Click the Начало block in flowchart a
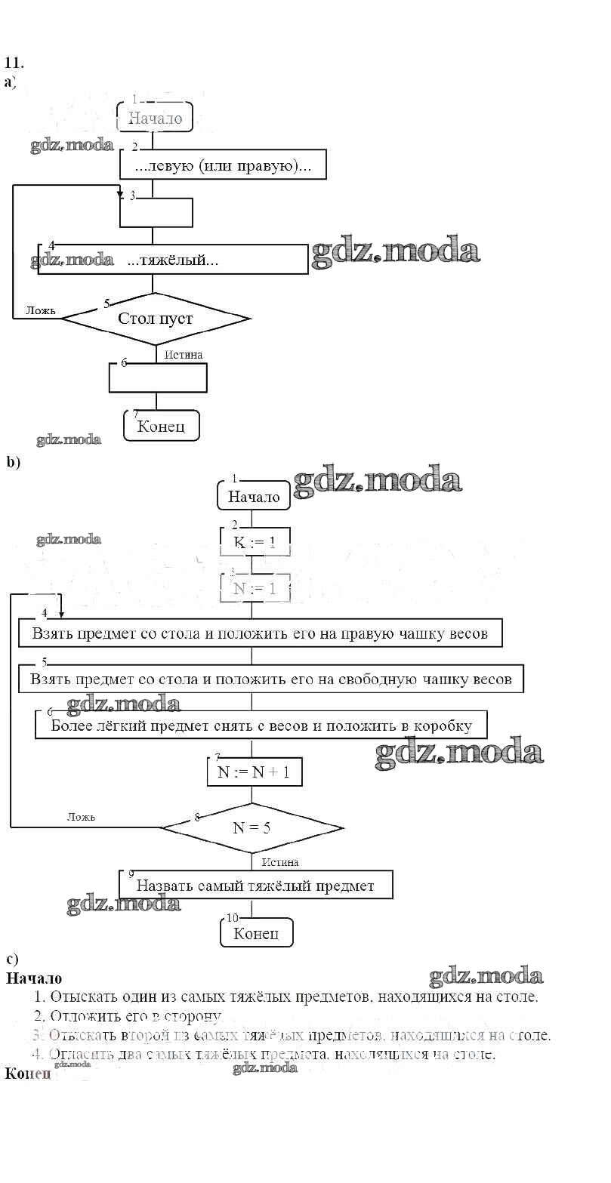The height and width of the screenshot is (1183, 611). pyautogui.click(x=155, y=118)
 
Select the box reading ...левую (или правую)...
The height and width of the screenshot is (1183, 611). pyautogui.click(x=223, y=165)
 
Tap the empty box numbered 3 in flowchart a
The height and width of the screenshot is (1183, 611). pyautogui.click(x=156, y=212)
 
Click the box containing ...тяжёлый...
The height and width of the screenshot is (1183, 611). pyautogui.click(x=173, y=260)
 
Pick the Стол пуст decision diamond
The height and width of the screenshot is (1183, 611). pyautogui.click(x=155, y=319)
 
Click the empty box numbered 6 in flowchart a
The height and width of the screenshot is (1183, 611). pyautogui.click(x=158, y=377)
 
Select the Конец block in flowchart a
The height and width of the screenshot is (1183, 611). pyautogui.click(x=161, y=426)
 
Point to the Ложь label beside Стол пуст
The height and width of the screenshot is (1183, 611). pyautogui.click(x=41, y=310)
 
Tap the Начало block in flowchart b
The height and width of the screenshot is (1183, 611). pyautogui.click(x=254, y=497)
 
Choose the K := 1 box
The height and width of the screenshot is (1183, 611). pyautogui.click(x=255, y=542)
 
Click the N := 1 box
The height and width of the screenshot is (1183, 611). pyautogui.click(x=255, y=588)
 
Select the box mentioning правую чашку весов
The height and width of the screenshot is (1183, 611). pyautogui.click(x=260, y=633)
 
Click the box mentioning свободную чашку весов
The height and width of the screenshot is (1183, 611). pyautogui.click(x=270, y=679)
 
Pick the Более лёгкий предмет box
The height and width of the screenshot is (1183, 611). pyautogui.click(x=261, y=726)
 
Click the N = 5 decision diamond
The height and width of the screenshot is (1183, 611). pyautogui.click(x=251, y=827)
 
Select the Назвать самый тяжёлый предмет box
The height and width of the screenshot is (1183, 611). pyautogui.click(x=256, y=885)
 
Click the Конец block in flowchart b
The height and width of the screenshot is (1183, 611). pyautogui.click(x=256, y=933)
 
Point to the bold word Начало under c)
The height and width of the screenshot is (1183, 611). pyautogui.click(x=34, y=978)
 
